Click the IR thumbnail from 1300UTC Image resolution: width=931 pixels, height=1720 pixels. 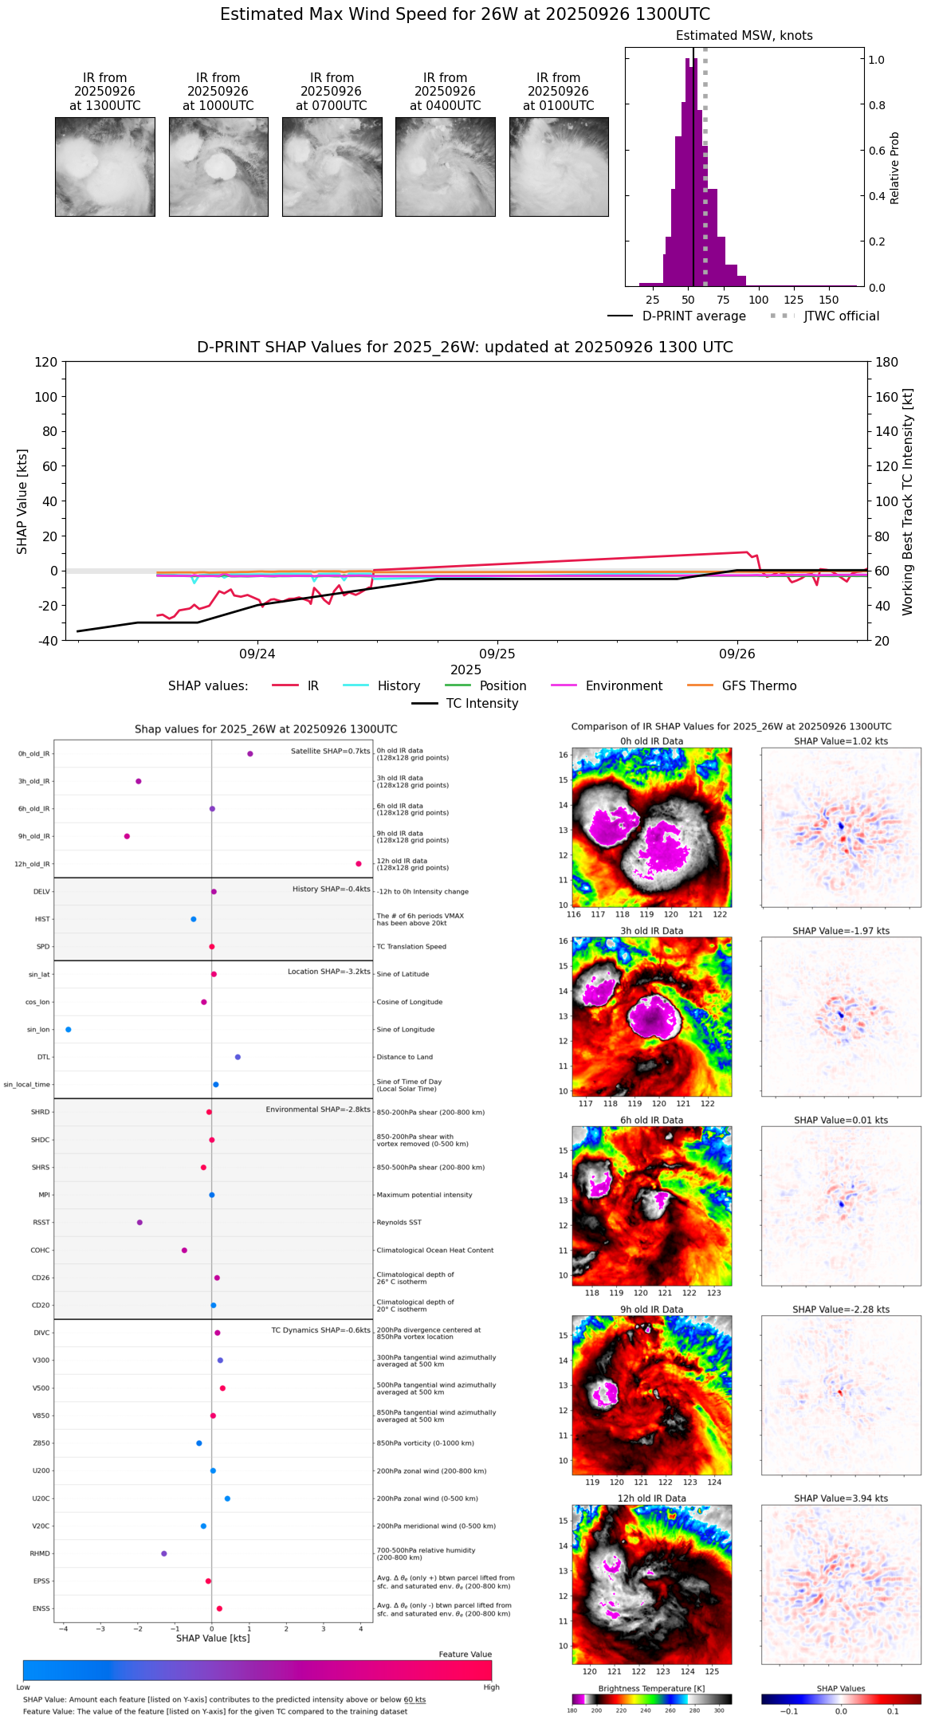tap(105, 167)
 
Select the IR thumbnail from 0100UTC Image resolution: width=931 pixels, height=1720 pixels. tap(559, 167)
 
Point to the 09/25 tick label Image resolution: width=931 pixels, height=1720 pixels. tap(497, 654)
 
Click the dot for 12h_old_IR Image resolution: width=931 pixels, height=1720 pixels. tap(359, 864)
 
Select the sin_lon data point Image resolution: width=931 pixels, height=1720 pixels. tap(69, 1030)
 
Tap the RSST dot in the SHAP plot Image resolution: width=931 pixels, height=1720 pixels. tap(139, 1223)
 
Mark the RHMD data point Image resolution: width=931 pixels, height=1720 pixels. tap(164, 1553)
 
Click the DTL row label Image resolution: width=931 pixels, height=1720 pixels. tap(44, 1058)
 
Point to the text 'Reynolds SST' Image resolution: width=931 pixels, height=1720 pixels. tap(399, 1223)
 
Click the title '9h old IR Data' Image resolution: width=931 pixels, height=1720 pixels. tap(651, 1310)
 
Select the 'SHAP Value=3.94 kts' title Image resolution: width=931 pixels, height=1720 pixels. tap(841, 1498)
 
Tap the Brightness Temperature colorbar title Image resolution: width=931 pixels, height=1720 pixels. tap(651, 1688)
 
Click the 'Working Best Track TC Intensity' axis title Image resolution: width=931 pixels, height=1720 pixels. tap(907, 502)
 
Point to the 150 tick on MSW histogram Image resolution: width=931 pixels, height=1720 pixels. tap(829, 300)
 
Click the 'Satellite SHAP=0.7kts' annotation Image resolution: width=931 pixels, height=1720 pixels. tap(330, 752)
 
